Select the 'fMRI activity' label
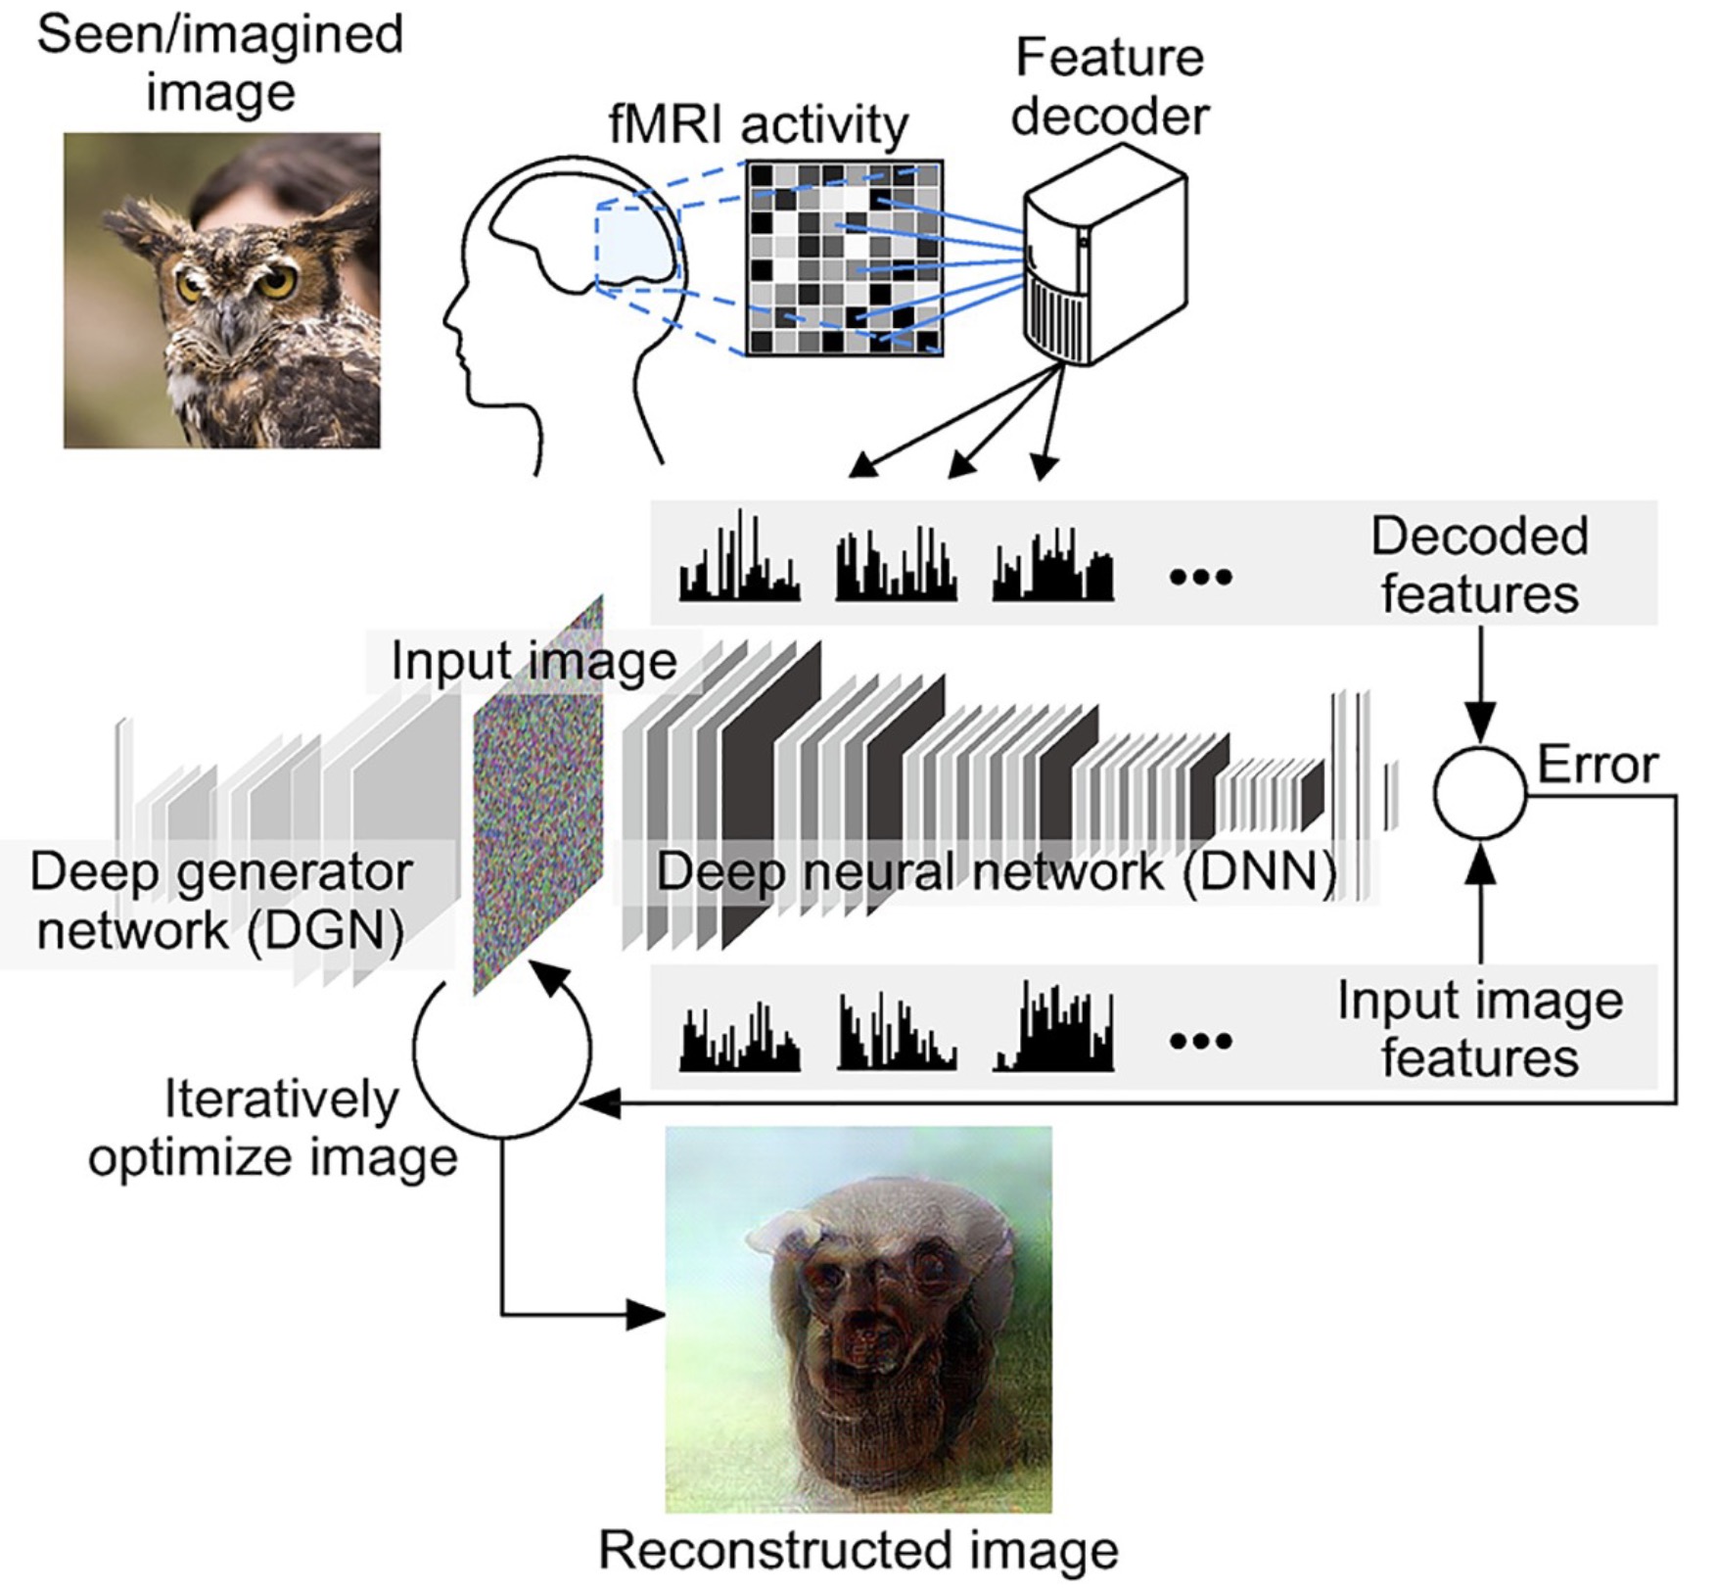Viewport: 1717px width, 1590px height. (x=759, y=125)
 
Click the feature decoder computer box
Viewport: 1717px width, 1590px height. (x=1104, y=257)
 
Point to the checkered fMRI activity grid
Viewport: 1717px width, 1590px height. (x=845, y=258)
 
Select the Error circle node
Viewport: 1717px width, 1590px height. (x=1479, y=792)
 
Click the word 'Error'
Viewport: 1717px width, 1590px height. (x=1598, y=765)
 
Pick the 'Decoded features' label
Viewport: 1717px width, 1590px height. (x=1479, y=565)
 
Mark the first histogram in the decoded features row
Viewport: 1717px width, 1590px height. (x=739, y=559)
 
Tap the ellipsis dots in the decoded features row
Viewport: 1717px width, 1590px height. (x=1201, y=577)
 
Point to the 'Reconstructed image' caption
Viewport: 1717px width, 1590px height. (x=858, y=1550)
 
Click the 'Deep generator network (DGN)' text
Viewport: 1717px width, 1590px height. (x=221, y=900)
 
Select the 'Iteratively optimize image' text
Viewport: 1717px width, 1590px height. (x=274, y=1128)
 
